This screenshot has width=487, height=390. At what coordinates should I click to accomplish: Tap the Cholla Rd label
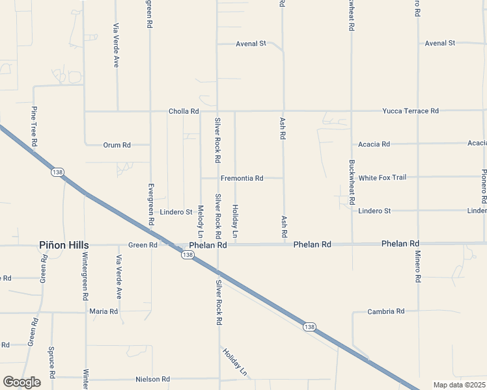[184, 111]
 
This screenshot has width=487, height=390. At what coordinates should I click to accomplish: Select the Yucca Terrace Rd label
[410, 111]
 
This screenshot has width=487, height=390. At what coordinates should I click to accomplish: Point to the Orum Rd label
[117, 145]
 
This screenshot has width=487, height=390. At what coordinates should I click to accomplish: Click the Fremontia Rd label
[242, 178]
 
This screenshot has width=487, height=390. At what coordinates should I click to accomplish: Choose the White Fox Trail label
[382, 177]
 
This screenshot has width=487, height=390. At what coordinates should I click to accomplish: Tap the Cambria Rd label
[386, 311]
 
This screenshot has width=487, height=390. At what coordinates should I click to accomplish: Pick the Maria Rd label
[104, 311]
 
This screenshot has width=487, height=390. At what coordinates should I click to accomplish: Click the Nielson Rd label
[152, 379]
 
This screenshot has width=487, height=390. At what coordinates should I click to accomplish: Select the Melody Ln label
[201, 222]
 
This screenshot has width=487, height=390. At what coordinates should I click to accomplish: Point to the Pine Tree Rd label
[34, 126]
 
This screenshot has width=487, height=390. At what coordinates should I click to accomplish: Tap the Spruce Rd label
[51, 362]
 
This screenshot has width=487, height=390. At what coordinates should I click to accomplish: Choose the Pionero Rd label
[484, 183]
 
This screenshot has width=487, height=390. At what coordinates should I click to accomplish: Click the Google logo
[21, 382]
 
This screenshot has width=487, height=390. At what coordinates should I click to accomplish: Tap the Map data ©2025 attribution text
[460, 385]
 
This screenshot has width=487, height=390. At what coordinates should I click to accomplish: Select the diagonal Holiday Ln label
[235, 363]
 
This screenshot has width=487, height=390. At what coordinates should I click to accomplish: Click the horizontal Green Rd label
[143, 245]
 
